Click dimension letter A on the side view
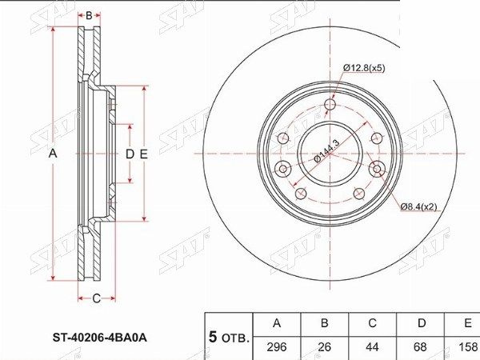(54, 153)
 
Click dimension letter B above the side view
(90, 15)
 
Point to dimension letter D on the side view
(129, 153)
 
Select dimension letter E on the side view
(145, 153)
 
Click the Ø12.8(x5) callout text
(365, 68)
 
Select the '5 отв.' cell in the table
(229, 336)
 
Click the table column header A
(277, 323)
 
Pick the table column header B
(325, 323)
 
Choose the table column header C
(373, 323)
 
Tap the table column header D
(421, 323)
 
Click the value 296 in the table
(277, 348)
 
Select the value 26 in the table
(325, 348)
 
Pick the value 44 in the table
(373, 348)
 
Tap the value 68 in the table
(421, 348)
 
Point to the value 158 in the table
(466, 348)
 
